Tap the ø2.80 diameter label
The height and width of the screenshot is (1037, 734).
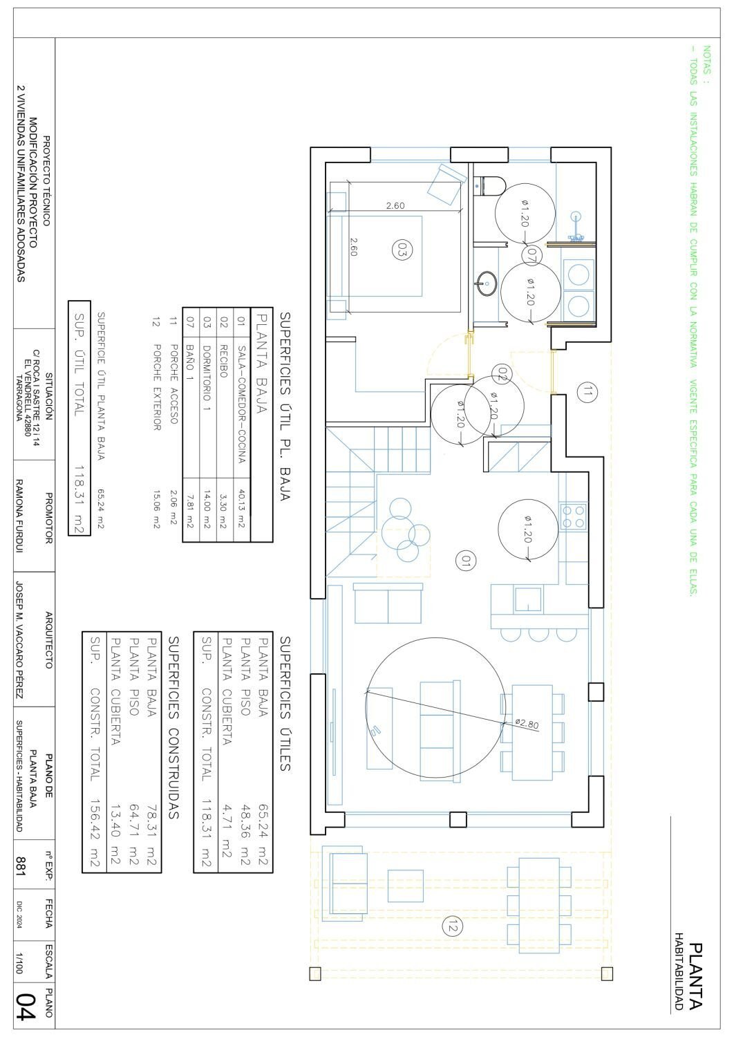527,724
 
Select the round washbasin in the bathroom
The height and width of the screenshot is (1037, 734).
486,283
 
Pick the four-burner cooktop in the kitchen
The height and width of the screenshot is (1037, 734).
574,516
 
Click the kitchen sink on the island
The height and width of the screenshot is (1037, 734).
528,600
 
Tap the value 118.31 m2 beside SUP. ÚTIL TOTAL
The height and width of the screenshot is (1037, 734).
79,500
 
